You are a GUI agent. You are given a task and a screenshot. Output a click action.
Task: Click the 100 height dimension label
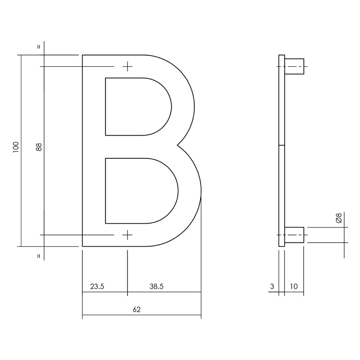click(x=15, y=147)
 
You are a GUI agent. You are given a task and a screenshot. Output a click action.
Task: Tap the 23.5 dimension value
click(x=97, y=287)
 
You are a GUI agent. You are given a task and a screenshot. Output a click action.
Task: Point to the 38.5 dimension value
click(x=156, y=287)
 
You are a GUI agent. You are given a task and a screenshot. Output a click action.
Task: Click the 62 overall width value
click(x=136, y=309)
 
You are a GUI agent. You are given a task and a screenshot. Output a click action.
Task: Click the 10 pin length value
click(x=293, y=287)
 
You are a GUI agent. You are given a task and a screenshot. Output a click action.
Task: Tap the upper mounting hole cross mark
click(x=127, y=67)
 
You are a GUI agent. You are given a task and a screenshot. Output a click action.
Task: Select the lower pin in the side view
click(x=294, y=235)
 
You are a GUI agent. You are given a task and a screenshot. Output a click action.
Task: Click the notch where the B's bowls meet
click(x=177, y=145)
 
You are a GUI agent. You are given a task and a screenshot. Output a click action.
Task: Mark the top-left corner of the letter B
click(x=83, y=55)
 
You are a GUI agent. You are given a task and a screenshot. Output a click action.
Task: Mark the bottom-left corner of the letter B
click(x=83, y=247)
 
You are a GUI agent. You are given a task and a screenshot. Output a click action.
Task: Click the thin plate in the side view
click(x=282, y=151)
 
